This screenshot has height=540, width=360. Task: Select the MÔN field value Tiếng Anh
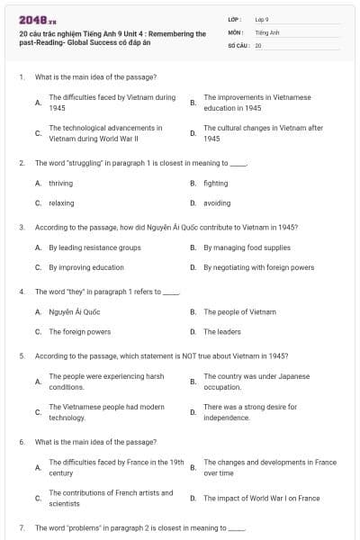click(263, 31)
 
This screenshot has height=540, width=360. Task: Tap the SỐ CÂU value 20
click(258, 44)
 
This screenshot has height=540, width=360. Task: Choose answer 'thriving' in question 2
click(61, 183)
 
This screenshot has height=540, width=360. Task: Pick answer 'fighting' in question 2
click(216, 183)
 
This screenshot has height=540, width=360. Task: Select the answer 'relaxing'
click(61, 203)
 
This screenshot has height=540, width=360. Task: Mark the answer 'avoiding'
click(217, 203)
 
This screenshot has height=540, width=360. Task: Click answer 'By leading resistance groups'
click(94, 247)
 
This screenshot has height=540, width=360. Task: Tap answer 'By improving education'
click(86, 267)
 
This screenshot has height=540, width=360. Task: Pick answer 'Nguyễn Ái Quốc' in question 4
click(75, 311)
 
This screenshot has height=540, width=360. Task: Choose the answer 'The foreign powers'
click(80, 331)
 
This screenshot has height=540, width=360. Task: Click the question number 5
click(21, 355)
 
